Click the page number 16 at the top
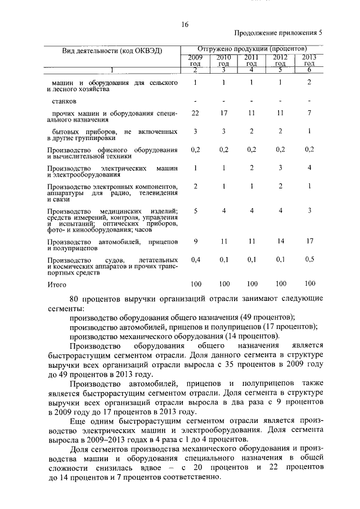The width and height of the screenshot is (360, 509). [184, 24]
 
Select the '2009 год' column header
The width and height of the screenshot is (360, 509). [195, 60]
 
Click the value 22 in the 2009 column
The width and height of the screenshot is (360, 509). [195, 113]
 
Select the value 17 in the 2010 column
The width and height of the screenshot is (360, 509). [224, 113]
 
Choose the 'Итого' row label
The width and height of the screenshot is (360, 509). [57, 285]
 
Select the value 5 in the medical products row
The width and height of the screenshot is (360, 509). [195, 210]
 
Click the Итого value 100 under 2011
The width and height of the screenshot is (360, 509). [252, 283]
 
